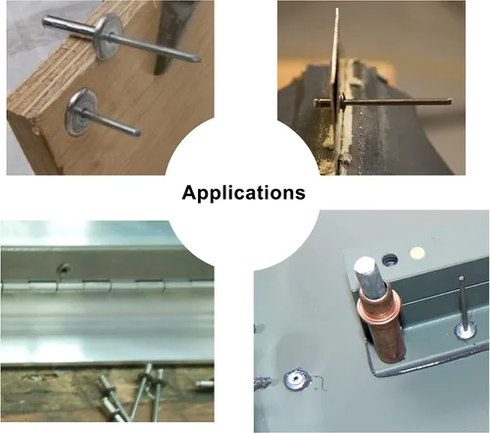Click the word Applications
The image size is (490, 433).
click(x=244, y=193)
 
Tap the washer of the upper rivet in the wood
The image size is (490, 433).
click(x=110, y=36)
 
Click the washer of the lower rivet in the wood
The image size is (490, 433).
click(x=81, y=112)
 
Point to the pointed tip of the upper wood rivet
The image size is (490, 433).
click(x=198, y=59)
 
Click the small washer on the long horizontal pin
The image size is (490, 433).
click(x=343, y=100)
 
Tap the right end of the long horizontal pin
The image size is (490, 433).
click(x=450, y=101)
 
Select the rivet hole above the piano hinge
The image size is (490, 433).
click(x=64, y=268)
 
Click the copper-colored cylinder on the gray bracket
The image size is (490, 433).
click(x=381, y=323)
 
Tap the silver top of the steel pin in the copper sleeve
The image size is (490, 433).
click(x=366, y=264)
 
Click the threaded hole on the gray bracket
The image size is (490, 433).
click(x=390, y=260)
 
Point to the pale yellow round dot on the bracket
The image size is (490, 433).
click(x=417, y=253)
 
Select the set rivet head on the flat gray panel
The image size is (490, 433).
click(x=297, y=379)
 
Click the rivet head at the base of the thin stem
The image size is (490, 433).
click(x=465, y=330)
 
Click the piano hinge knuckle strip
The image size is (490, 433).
click(x=107, y=286)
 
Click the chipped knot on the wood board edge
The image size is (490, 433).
click(x=36, y=130)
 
